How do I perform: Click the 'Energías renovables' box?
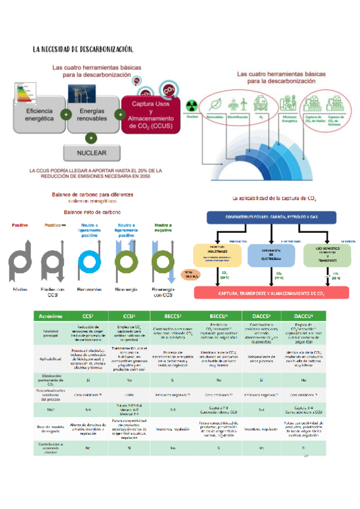tap(92, 115)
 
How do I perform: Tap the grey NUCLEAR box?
tap(92, 152)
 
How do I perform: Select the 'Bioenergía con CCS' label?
tap(163, 292)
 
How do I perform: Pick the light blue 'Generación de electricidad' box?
tap(271, 255)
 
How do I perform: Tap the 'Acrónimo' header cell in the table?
tap(52, 316)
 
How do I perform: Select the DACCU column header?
tap(304, 316)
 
